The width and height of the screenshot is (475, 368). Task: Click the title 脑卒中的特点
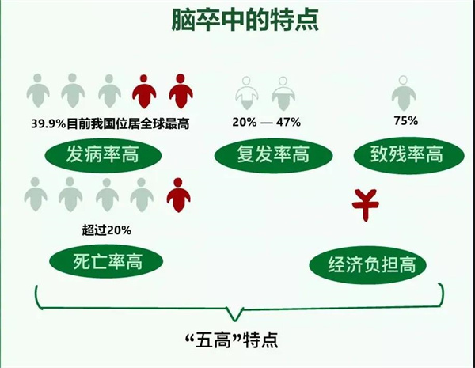(x=245, y=20)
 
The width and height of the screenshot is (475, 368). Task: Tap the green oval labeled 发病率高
(x=103, y=155)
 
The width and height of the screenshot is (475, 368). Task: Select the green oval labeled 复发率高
(x=273, y=155)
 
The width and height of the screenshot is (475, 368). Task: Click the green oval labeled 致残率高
(x=409, y=155)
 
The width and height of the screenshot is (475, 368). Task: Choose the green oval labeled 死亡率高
(x=106, y=262)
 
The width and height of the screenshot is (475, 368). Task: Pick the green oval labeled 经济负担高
(x=368, y=264)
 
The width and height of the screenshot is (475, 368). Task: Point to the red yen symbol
(x=365, y=205)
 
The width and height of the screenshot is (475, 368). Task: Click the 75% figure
(x=406, y=120)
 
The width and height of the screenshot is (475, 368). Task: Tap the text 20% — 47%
(x=267, y=122)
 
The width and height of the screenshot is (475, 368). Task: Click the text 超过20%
(x=107, y=230)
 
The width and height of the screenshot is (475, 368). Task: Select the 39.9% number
(x=48, y=124)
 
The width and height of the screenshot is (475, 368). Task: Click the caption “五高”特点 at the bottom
(x=232, y=340)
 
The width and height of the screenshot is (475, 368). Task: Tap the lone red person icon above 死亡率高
(x=178, y=195)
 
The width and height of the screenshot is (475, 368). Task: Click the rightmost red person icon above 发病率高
(x=180, y=91)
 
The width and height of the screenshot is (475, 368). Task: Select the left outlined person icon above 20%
(x=247, y=93)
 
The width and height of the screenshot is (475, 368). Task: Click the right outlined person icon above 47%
(x=283, y=93)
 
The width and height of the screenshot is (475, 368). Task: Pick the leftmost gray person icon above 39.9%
(x=38, y=90)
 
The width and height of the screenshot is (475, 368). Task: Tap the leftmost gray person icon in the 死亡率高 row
(x=36, y=195)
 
